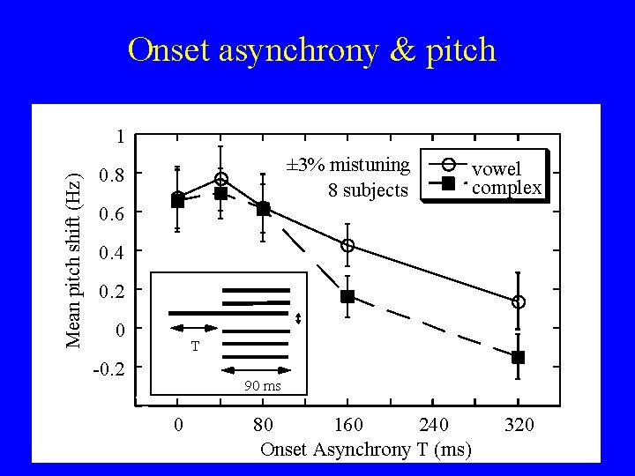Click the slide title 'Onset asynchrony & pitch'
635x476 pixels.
tap(312, 50)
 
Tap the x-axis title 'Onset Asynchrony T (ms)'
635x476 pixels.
tap(365, 449)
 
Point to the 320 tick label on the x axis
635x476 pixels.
tap(519, 426)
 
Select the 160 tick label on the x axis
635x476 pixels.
tap(347, 426)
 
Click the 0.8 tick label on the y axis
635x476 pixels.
tap(112, 176)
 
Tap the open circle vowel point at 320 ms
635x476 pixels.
tap(519, 301)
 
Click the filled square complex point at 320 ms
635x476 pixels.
tap(518, 357)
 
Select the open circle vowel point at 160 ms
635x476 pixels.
tap(347, 245)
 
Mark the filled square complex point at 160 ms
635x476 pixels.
tap(347, 296)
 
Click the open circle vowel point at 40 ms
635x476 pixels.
tap(220, 179)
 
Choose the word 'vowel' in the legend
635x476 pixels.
tap(497, 168)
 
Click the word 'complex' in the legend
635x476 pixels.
tap(506, 187)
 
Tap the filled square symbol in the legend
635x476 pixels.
tap(448, 183)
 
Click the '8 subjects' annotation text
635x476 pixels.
tap(368, 189)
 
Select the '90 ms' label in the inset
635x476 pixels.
tap(262, 385)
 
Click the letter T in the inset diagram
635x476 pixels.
tap(196, 346)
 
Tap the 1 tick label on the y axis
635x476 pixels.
tap(120, 138)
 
